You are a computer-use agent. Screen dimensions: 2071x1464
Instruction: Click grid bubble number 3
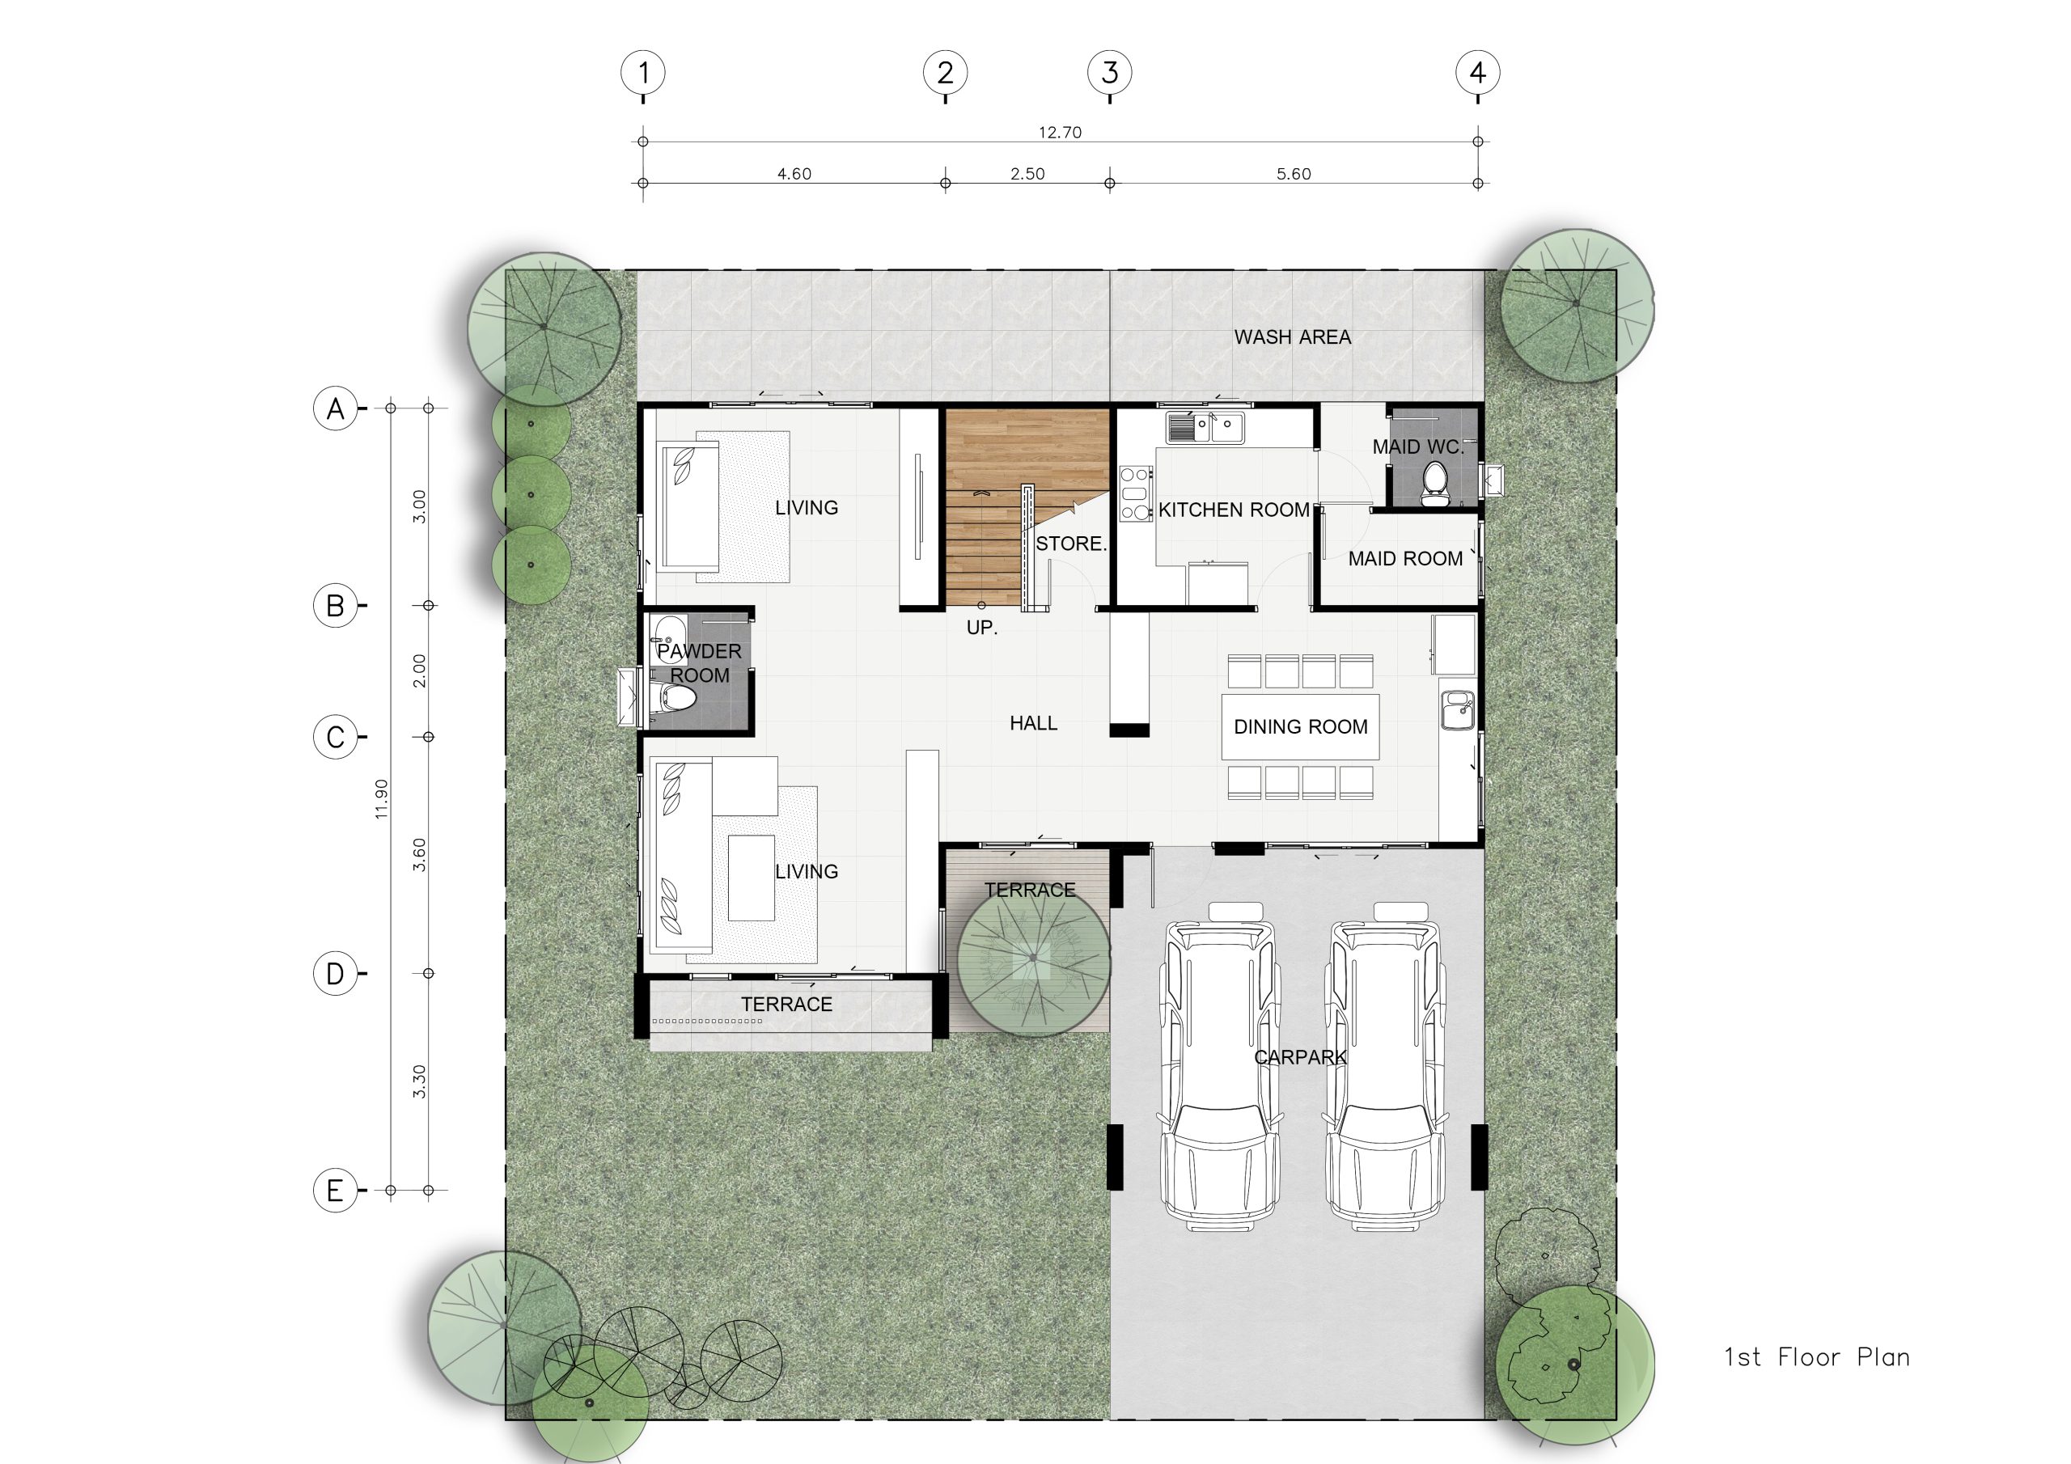[x=1109, y=72]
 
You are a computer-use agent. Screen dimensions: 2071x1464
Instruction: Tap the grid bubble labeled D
[x=336, y=973]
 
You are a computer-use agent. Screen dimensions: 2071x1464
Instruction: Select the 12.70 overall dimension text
[x=1060, y=133]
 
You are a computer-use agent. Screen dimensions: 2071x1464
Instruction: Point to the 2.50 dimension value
[x=1027, y=174]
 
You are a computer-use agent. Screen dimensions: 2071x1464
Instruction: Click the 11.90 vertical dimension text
[x=382, y=799]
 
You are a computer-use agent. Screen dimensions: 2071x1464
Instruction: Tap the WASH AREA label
[x=1293, y=337]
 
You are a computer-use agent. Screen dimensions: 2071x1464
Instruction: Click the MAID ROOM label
[x=1405, y=559]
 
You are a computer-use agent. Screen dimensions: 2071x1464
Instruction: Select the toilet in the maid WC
[x=1435, y=484]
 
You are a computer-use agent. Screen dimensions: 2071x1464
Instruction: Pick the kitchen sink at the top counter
[x=1205, y=428]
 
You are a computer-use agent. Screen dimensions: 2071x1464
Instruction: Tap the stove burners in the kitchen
[x=1137, y=493]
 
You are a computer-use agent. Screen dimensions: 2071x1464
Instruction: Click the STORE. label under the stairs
[x=1070, y=544]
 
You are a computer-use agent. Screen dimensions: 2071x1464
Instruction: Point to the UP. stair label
[x=982, y=628]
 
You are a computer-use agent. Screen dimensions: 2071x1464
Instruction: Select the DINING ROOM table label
[x=1301, y=727]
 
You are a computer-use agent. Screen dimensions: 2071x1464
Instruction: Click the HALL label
[x=1034, y=723]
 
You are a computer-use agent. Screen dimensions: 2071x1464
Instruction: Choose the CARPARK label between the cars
[x=1300, y=1057]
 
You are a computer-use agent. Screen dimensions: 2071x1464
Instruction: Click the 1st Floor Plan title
[x=1817, y=1357]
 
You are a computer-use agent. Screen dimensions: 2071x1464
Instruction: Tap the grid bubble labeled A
[x=336, y=408]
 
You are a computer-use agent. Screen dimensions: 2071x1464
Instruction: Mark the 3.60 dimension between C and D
[x=419, y=854]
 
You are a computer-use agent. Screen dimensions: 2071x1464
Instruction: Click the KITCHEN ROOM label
[x=1234, y=510]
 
